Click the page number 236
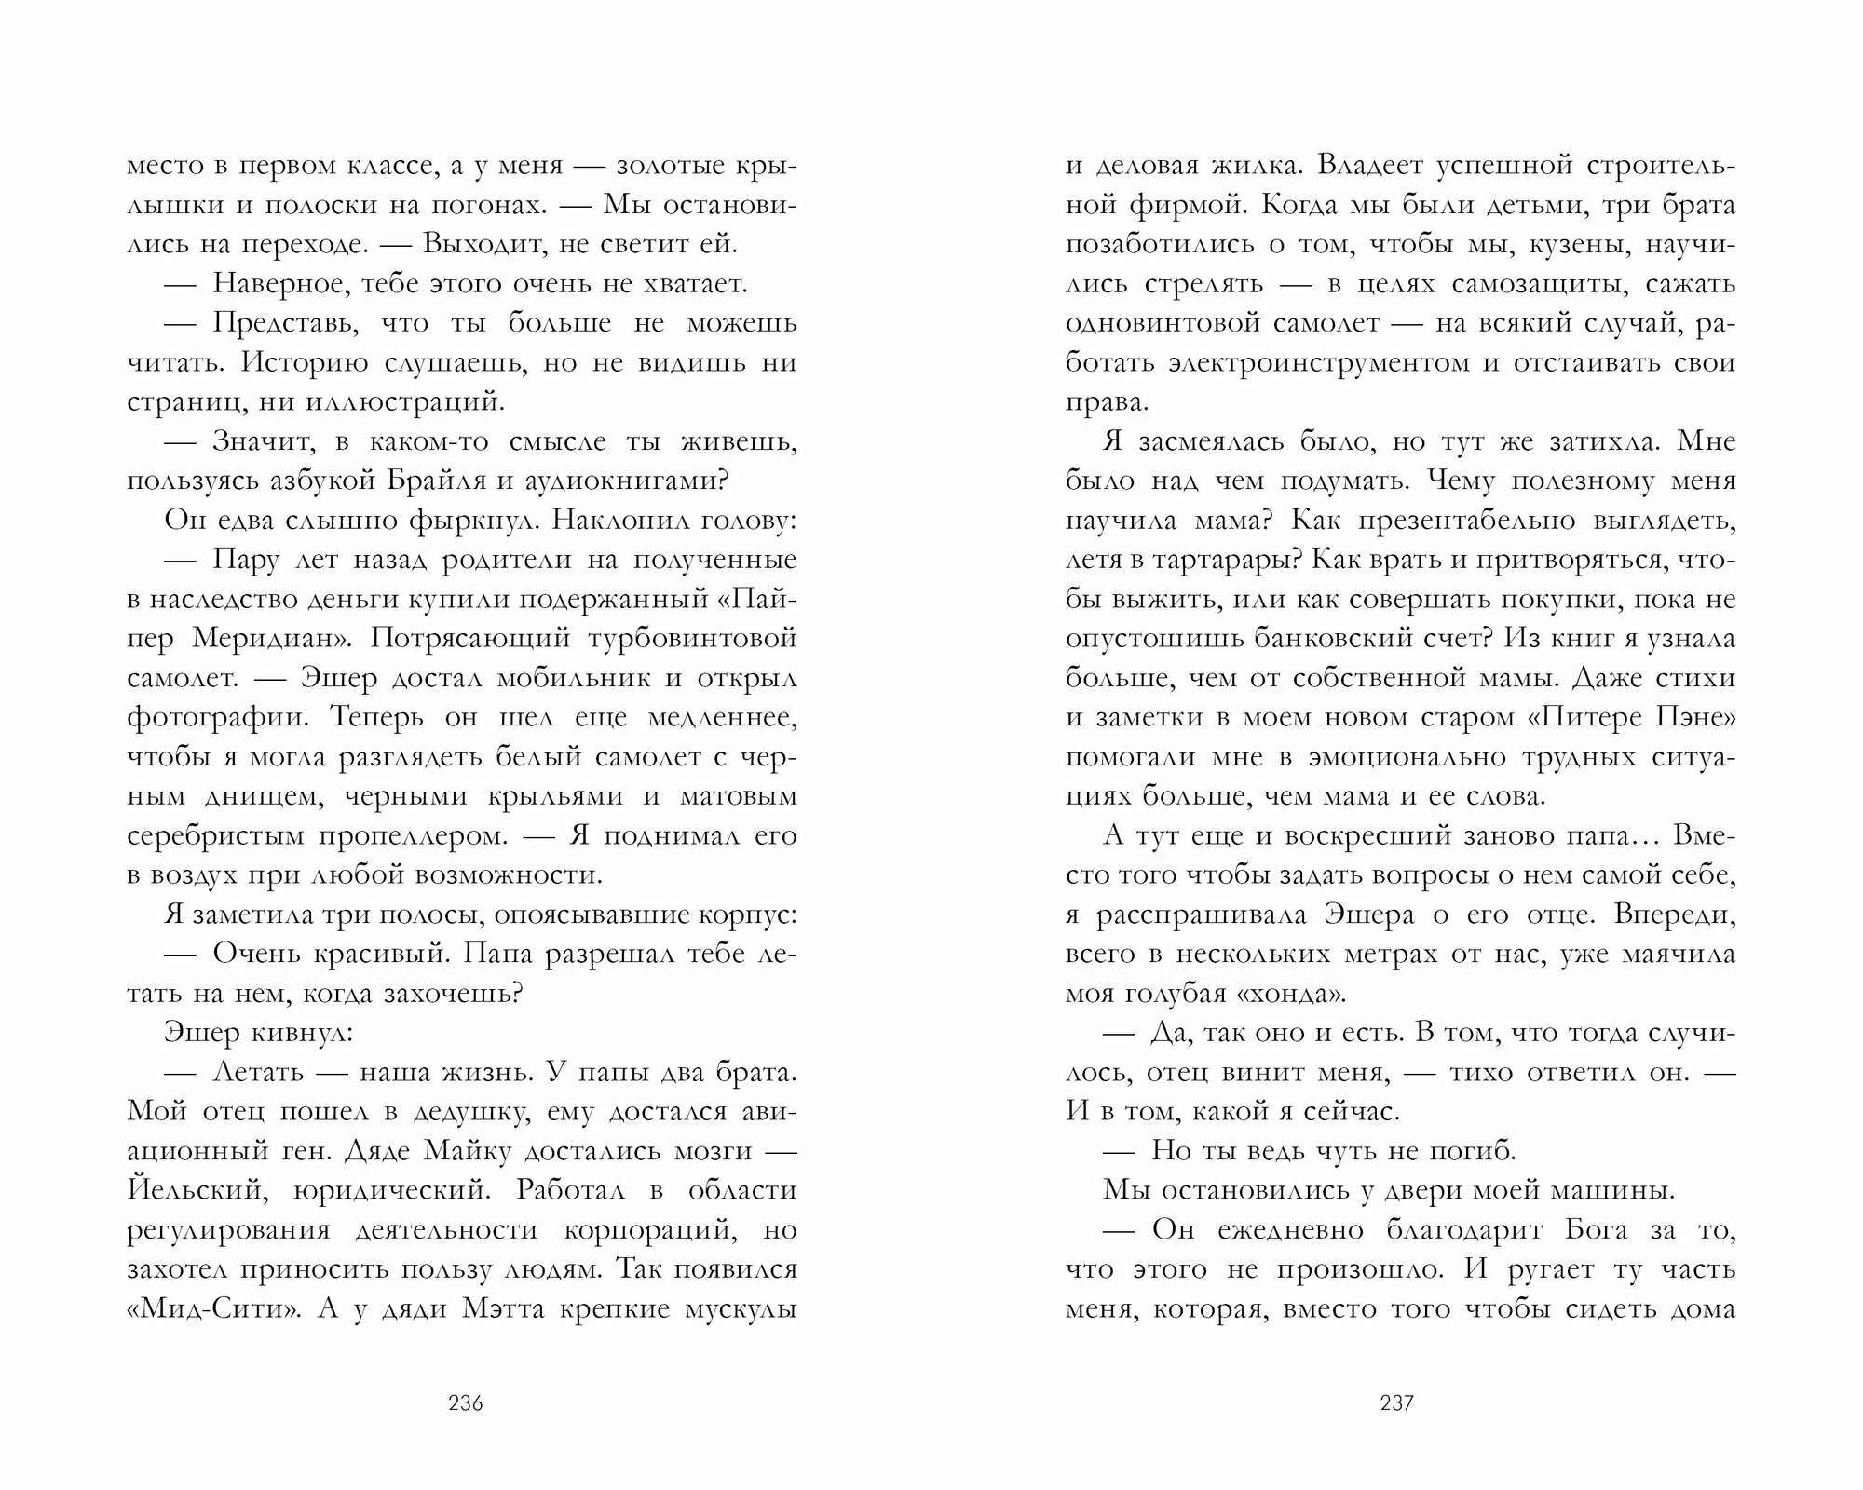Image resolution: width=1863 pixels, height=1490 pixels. pyautogui.click(x=465, y=1403)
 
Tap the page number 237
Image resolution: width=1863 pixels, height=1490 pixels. pyautogui.click(x=1396, y=1403)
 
